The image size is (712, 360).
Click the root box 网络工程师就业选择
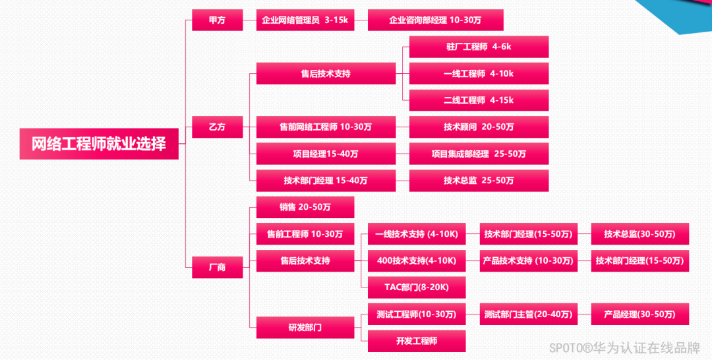(x=99, y=143)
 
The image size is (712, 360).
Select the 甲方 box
(x=217, y=20)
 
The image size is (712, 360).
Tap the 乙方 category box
(x=217, y=127)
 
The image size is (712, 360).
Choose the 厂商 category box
(x=217, y=267)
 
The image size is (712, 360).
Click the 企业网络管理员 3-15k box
(x=305, y=20)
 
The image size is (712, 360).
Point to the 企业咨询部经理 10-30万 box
(x=435, y=20)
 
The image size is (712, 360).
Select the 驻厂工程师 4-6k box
(x=479, y=47)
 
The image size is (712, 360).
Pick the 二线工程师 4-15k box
(x=479, y=100)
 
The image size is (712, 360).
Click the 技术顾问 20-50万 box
(x=479, y=127)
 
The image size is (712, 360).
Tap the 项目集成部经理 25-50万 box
(x=479, y=154)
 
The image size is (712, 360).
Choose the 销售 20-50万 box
(x=305, y=207)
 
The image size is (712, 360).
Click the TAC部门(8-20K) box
(x=417, y=287)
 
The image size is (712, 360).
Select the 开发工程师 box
(x=417, y=341)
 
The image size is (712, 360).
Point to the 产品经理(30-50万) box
(x=639, y=314)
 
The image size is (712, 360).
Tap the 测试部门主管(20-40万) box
(x=528, y=314)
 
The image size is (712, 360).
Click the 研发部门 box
(x=305, y=327)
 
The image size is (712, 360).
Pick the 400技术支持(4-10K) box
(x=417, y=260)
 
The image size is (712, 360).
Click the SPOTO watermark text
(x=625, y=347)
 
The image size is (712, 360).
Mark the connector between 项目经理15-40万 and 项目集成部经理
(x=402, y=154)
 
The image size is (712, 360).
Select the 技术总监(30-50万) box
(x=639, y=233)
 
